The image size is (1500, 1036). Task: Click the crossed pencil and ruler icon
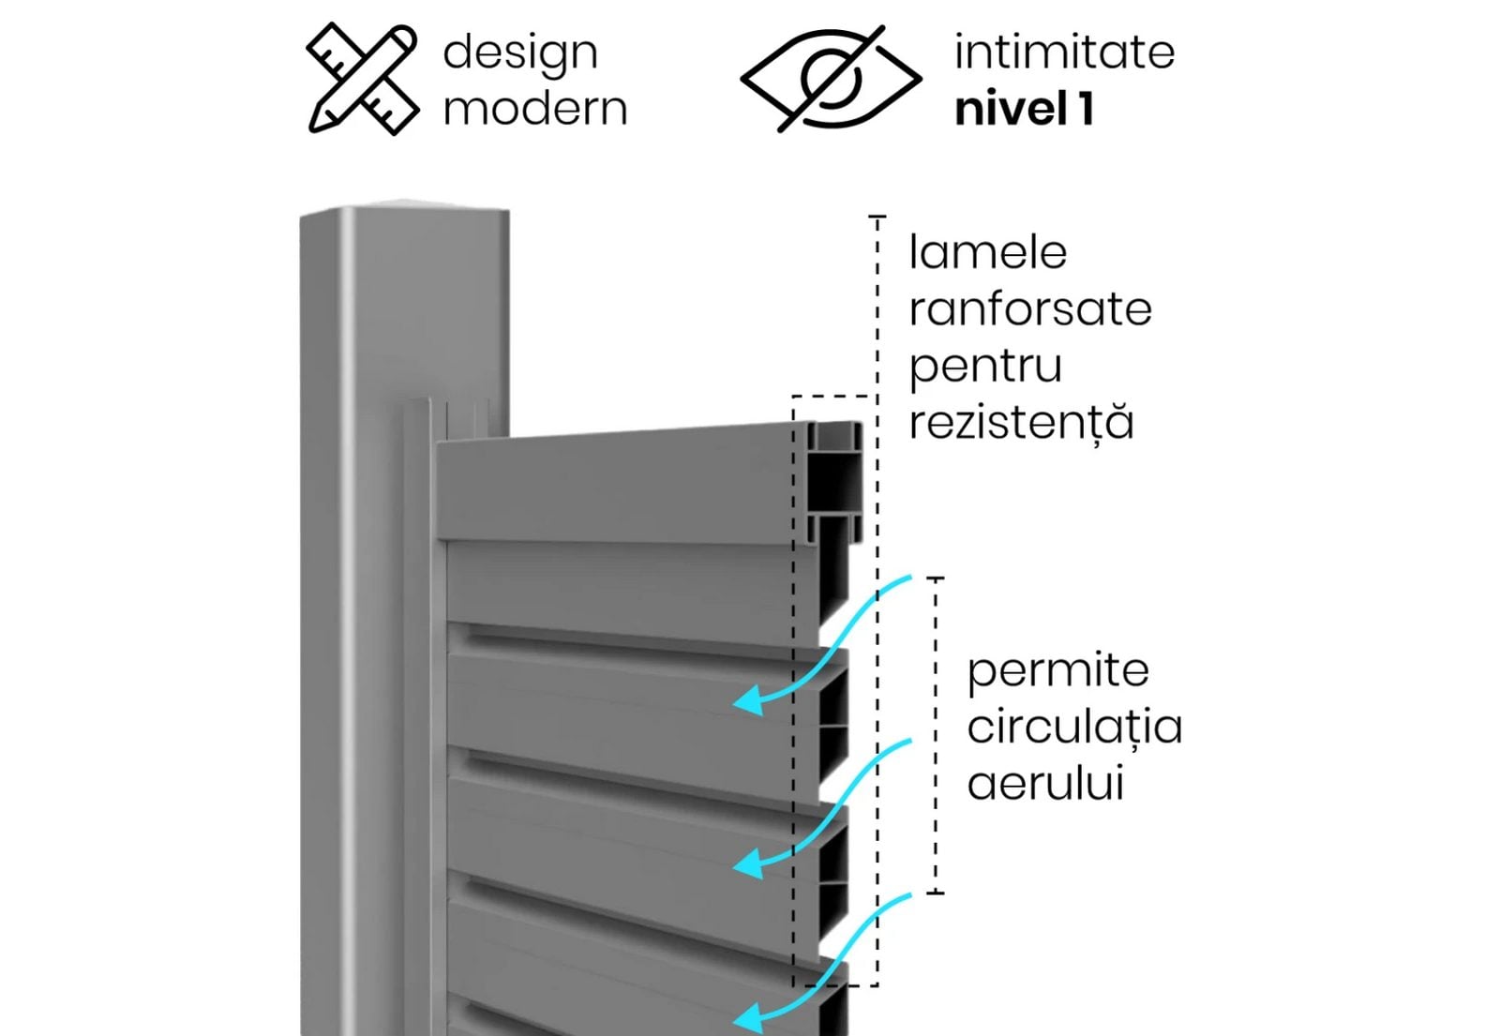(x=362, y=80)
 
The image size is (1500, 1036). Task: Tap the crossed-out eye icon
(x=831, y=79)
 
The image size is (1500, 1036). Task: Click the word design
(x=519, y=53)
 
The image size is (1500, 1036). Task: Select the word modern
(x=534, y=109)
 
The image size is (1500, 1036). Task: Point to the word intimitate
(x=1064, y=52)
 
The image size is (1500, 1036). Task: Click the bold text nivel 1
(x=1024, y=109)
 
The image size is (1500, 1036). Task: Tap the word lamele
(x=987, y=252)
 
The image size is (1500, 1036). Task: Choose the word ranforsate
(x=1029, y=309)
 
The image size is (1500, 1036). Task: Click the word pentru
(x=984, y=367)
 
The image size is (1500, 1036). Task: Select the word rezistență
(x=1021, y=423)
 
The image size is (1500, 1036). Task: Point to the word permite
(x=1057, y=671)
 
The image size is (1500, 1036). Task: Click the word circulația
(x=1074, y=728)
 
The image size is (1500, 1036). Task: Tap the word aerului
(x=1044, y=784)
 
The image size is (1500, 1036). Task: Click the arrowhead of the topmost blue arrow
(x=747, y=700)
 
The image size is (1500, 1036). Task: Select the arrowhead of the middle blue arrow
(x=747, y=863)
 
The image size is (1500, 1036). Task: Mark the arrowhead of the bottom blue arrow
(x=747, y=1017)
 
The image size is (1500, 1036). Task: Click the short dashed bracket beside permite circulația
(x=936, y=736)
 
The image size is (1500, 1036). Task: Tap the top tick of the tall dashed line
(x=877, y=218)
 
